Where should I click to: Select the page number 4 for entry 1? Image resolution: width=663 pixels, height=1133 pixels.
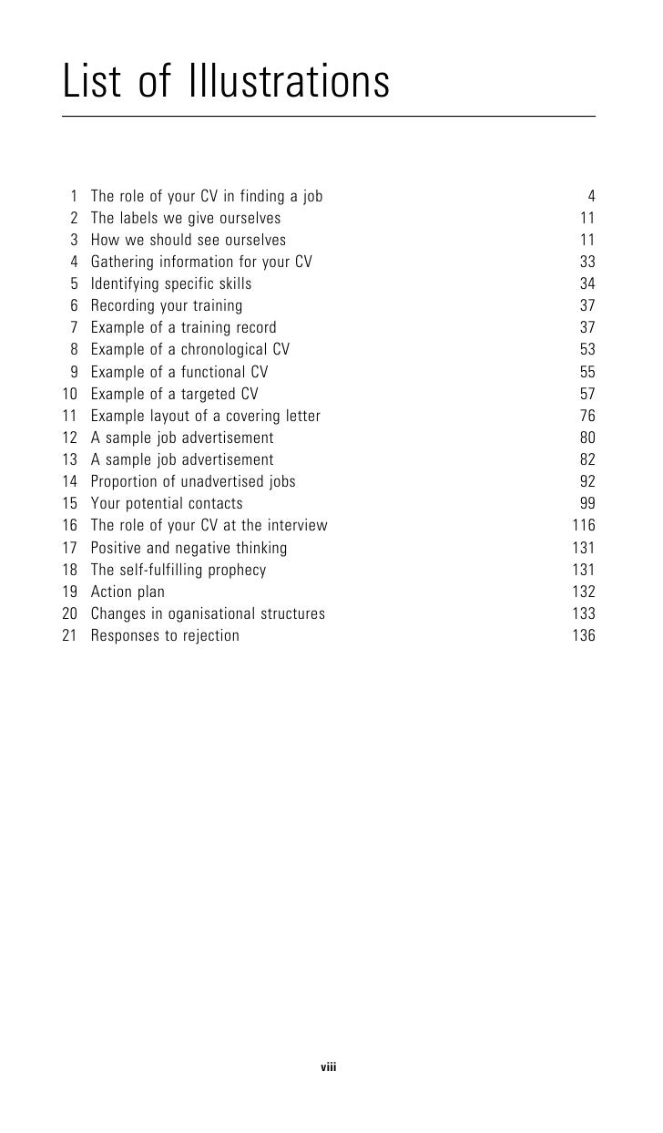tap(591, 196)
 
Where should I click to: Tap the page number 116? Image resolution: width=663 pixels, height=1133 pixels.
tap(583, 525)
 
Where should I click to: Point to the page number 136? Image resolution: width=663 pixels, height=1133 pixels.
tap(583, 635)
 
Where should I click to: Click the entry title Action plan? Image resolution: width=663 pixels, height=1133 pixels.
tap(127, 592)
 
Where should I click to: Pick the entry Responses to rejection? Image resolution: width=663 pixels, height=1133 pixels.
tap(165, 635)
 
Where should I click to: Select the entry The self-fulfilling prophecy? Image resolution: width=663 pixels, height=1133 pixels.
tap(178, 570)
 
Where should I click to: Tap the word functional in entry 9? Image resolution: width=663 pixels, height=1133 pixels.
tap(206, 372)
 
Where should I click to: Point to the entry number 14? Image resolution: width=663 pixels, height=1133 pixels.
tap(70, 481)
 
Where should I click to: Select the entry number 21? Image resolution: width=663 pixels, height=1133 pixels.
tap(70, 635)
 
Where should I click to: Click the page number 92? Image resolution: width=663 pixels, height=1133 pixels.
tap(587, 481)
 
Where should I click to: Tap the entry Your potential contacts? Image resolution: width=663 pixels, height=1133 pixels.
tap(167, 503)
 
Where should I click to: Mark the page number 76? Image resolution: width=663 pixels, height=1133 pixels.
tap(587, 416)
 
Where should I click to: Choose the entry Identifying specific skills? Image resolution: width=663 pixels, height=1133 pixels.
tap(171, 283)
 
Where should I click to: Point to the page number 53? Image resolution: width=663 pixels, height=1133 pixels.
tap(587, 350)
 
